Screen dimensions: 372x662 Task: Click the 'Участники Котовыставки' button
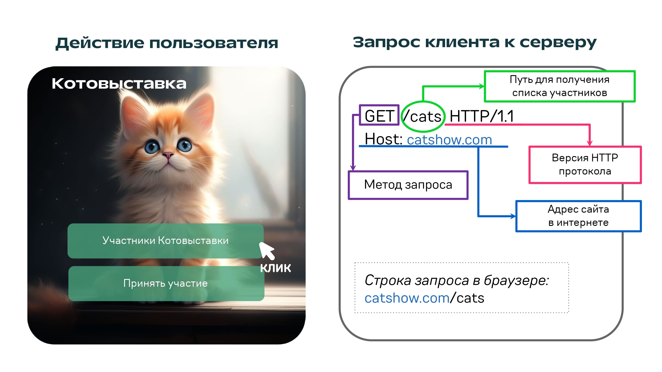pyautogui.click(x=165, y=241)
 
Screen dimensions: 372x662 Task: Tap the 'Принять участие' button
pyautogui.click(x=166, y=283)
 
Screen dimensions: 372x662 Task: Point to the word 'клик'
pyautogui.click(x=275, y=268)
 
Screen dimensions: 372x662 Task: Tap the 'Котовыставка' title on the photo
pyautogui.click(x=119, y=84)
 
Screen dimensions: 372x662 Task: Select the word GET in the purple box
pyautogui.click(x=379, y=116)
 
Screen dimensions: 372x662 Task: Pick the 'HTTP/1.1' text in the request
pyautogui.click(x=481, y=116)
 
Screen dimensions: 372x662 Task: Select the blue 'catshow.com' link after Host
pyautogui.click(x=449, y=140)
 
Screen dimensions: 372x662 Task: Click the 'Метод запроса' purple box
pyautogui.click(x=408, y=185)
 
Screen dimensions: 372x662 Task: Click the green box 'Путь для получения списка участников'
pyautogui.click(x=559, y=86)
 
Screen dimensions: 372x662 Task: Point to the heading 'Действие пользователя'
pyautogui.click(x=167, y=43)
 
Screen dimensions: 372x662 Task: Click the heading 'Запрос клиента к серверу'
pyautogui.click(x=474, y=42)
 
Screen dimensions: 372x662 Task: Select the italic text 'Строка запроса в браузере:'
pyautogui.click(x=456, y=280)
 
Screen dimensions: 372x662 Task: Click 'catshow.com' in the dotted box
pyautogui.click(x=407, y=298)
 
